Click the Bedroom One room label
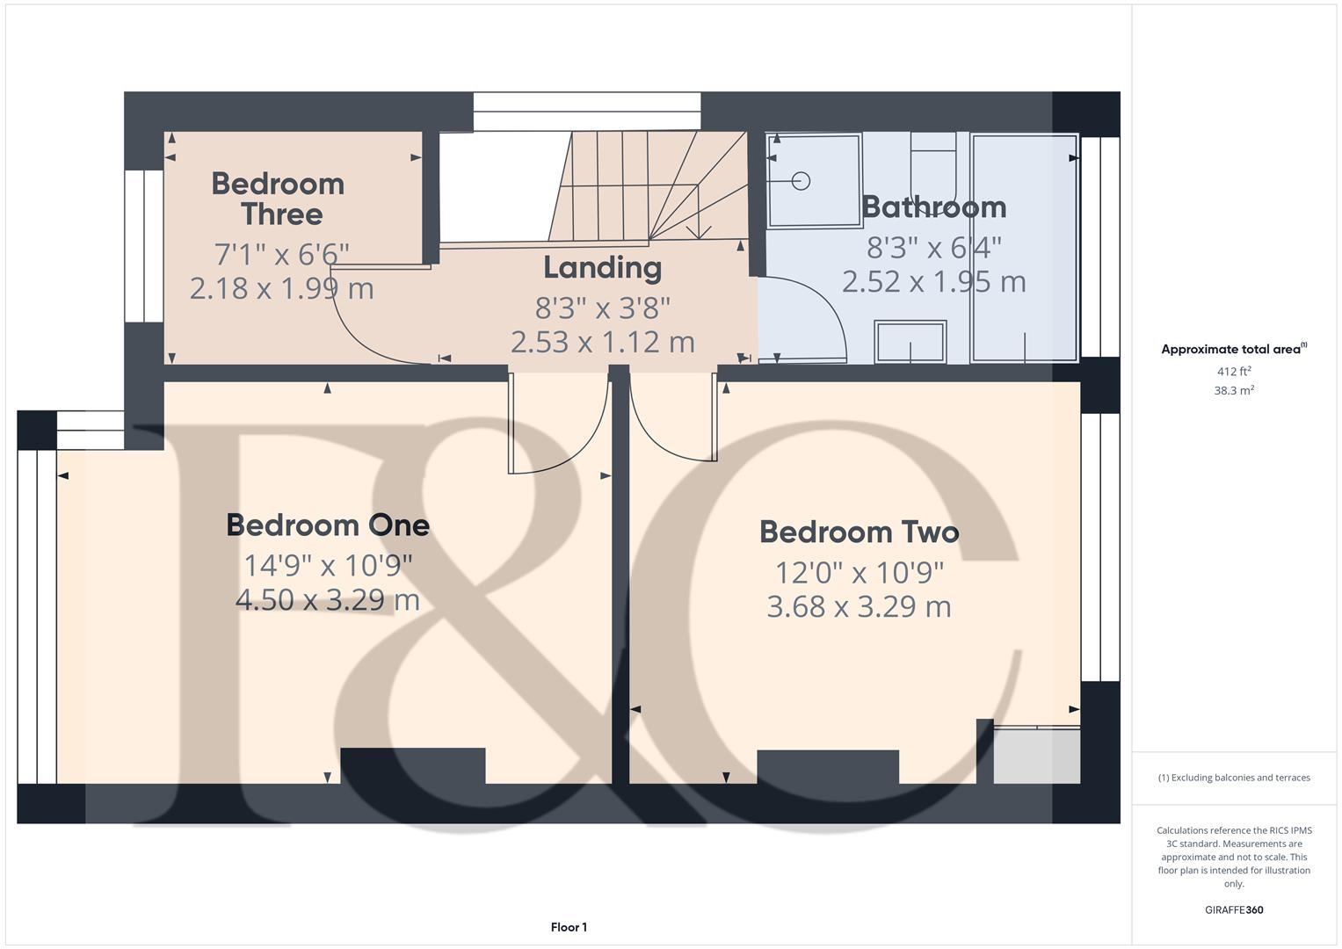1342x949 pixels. (328, 525)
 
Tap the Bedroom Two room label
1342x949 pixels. (859, 532)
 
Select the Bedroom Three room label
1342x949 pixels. (279, 199)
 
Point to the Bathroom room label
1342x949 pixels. (933, 206)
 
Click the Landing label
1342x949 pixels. (602, 267)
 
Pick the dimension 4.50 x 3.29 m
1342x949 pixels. (328, 600)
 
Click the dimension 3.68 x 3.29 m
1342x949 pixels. (859, 607)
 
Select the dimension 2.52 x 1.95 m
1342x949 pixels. (933, 282)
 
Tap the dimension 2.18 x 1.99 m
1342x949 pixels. (281, 288)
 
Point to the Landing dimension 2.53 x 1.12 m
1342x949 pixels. (602, 342)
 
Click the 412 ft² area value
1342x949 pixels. (1233, 372)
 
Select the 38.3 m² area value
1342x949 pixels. (1233, 391)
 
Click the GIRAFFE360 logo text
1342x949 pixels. (1233, 909)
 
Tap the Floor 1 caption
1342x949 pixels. (569, 927)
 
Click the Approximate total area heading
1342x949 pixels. (1233, 349)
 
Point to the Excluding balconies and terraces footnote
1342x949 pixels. (1233, 778)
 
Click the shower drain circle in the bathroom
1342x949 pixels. (801, 181)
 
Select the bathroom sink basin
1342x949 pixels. (910, 341)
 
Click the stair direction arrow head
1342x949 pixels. (698, 233)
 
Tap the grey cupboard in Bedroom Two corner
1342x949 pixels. (1036, 756)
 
